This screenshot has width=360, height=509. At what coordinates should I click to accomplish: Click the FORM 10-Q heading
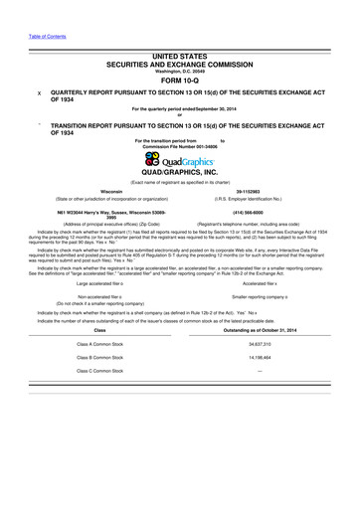180,80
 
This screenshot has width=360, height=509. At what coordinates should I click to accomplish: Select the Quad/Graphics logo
180,162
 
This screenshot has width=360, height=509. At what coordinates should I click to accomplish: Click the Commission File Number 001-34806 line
180,147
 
